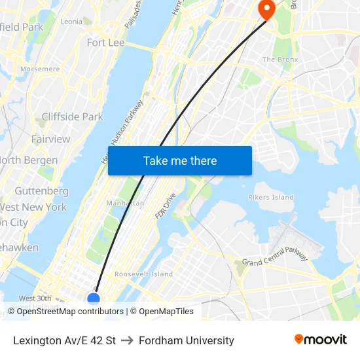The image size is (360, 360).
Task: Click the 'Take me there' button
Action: (180, 161)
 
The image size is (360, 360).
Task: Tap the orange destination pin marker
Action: (266, 9)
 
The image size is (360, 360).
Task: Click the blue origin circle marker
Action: (94, 300)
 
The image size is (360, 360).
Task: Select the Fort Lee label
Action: (105, 43)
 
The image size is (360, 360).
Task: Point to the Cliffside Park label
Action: (72, 117)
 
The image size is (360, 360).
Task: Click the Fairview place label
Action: (50, 139)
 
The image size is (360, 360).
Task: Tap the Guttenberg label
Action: (41, 191)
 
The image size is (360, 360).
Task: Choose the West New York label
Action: (33, 207)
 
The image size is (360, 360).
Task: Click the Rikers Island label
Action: (271, 197)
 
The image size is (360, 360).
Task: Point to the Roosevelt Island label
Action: (144, 274)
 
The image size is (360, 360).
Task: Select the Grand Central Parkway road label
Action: (275, 257)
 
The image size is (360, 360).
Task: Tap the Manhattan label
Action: (125, 204)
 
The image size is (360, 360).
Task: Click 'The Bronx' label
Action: (280, 60)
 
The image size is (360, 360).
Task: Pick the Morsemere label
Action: (40, 69)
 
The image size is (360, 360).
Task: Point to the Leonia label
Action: (71, 22)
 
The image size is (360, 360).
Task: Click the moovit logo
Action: (321, 340)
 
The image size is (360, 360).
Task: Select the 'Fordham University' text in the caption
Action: (186, 340)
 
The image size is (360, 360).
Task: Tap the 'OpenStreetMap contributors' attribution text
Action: (70, 312)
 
